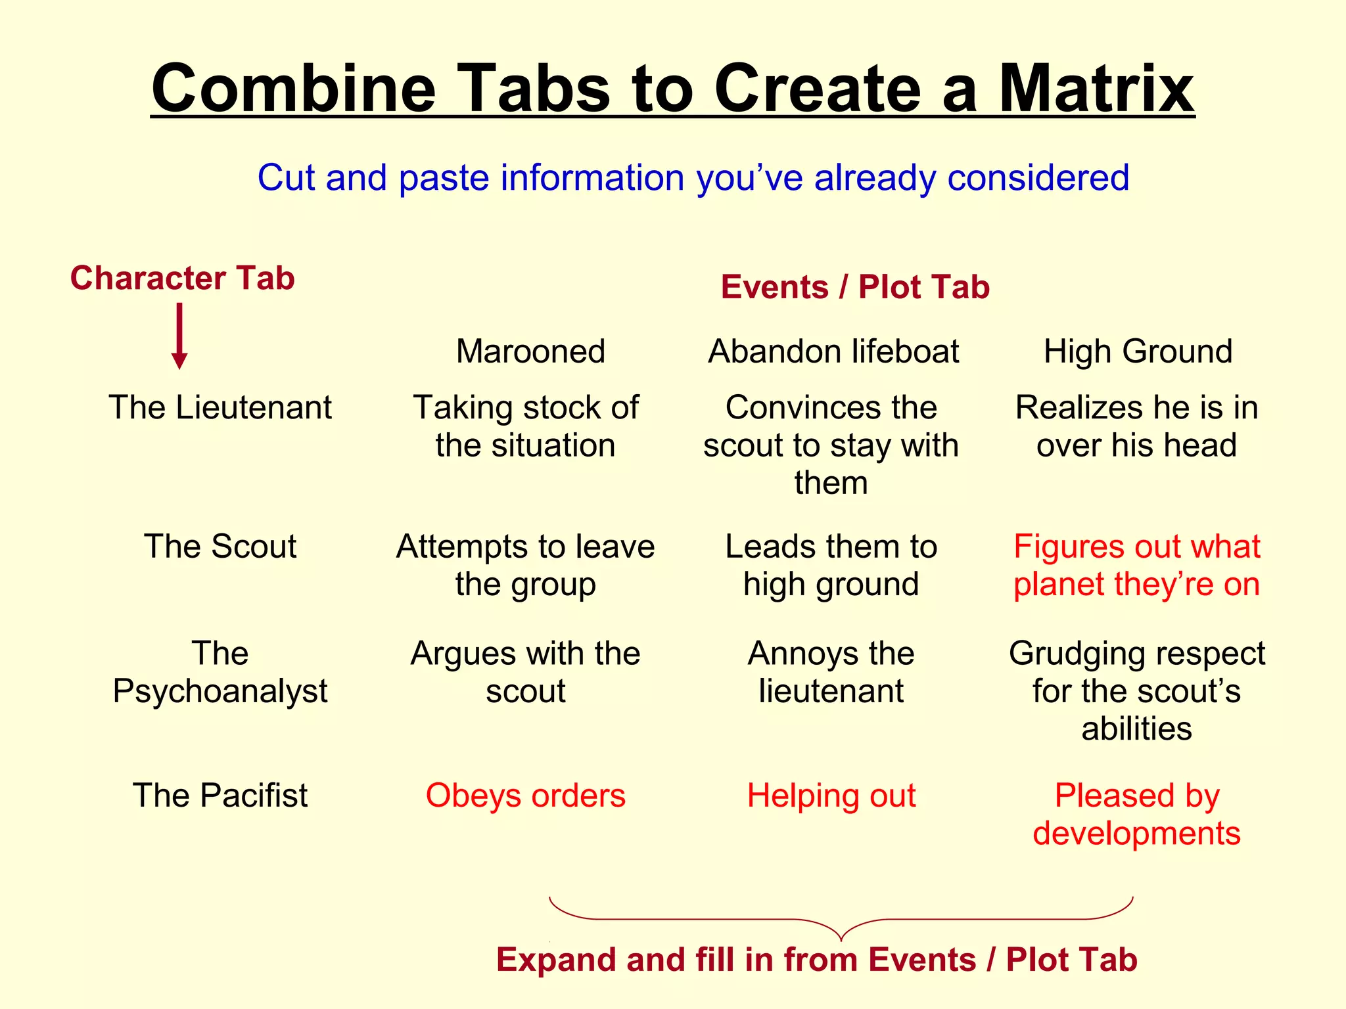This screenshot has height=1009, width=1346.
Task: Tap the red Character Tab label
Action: click(182, 278)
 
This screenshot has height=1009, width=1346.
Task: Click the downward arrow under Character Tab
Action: click(179, 336)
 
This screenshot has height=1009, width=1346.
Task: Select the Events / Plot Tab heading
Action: click(855, 287)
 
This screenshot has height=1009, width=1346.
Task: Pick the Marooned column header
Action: click(530, 351)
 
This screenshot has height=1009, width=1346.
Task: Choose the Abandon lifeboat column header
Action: click(833, 351)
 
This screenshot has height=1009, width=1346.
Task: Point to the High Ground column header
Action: click(1138, 351)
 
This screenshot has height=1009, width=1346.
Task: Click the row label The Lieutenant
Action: click(220, 407)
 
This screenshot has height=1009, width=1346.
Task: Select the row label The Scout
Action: click(220, 547)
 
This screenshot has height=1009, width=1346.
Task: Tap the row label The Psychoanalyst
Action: click(220, 672)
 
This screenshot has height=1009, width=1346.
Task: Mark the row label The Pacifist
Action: click(220, 796)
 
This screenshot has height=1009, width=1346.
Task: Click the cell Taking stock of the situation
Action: click(526, 426)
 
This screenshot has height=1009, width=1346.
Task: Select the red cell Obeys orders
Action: click(526, 796)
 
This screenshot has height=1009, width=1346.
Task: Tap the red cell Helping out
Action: click(831, 796)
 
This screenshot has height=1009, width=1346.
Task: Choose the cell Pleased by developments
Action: click(1137, 815)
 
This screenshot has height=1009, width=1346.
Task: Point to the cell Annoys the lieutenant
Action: click(831, 672)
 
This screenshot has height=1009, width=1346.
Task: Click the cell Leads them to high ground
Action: click(831, 566)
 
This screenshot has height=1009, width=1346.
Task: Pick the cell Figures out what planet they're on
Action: click(1137, 566)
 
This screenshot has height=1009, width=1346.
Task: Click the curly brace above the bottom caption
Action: click(841, 920)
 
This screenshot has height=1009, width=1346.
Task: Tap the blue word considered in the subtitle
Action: click(1038, 178)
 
